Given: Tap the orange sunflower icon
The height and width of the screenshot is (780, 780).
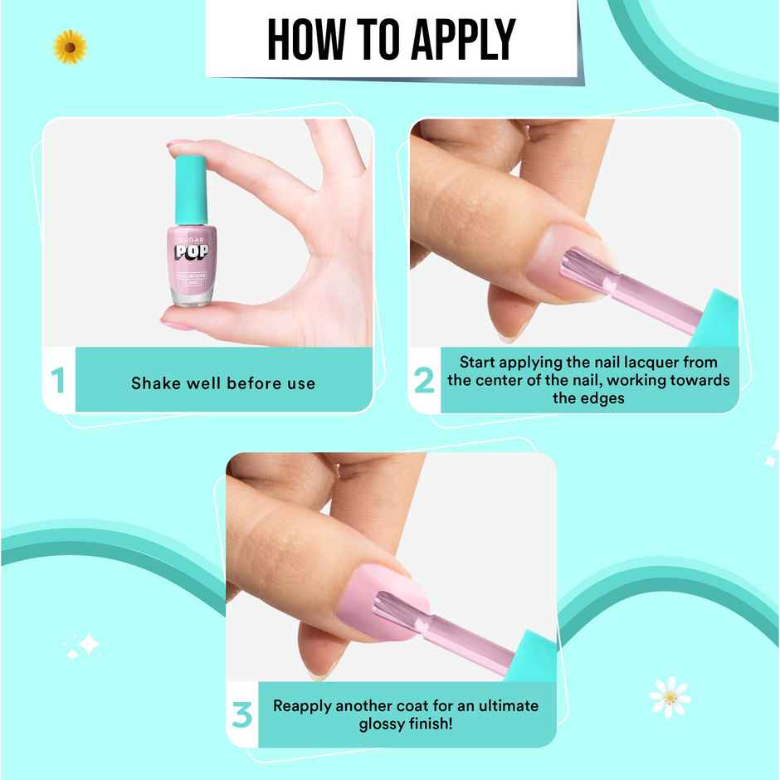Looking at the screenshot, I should coord(70,46).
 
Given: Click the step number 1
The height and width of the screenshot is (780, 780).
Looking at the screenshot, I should coord(57,381).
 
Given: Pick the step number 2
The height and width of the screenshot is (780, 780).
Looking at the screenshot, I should coord(423,381).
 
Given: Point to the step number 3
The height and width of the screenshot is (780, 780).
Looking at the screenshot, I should coord(241,714).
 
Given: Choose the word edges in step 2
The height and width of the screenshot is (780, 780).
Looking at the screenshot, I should coord(602,398).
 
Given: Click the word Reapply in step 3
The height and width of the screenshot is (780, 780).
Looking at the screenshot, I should coord(303,706).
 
